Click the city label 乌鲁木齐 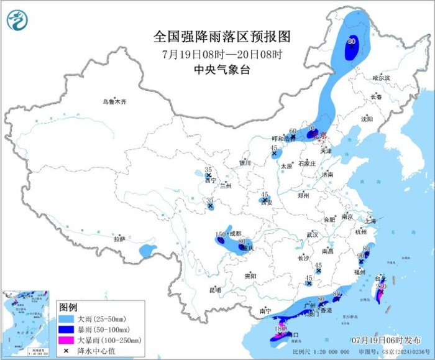point(115,101)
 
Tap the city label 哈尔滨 point(381,78)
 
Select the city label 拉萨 point(119,239)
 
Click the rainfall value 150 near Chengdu point(219,234)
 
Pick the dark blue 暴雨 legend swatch point(66,330)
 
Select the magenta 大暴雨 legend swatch point(66,341)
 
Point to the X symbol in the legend point(66,351)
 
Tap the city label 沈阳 point(367,118)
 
